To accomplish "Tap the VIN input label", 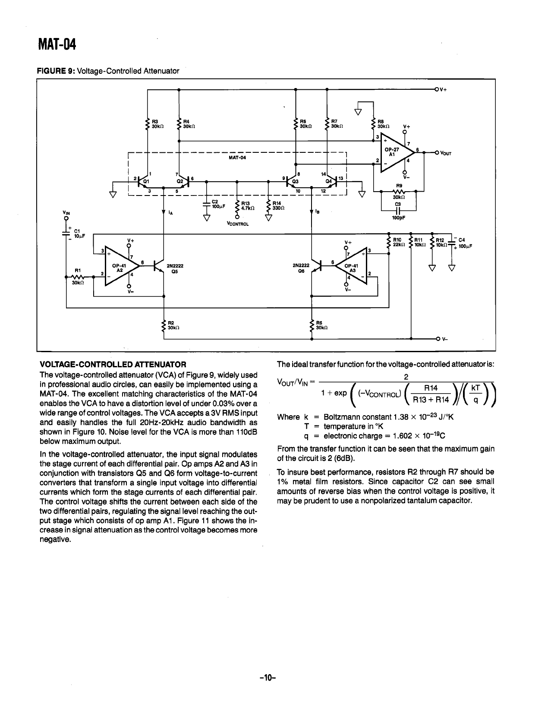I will [66, 213].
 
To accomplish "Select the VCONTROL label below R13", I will [237, 224].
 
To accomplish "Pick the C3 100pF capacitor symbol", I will [398, 210].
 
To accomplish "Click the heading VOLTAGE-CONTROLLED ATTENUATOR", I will [113, 364].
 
